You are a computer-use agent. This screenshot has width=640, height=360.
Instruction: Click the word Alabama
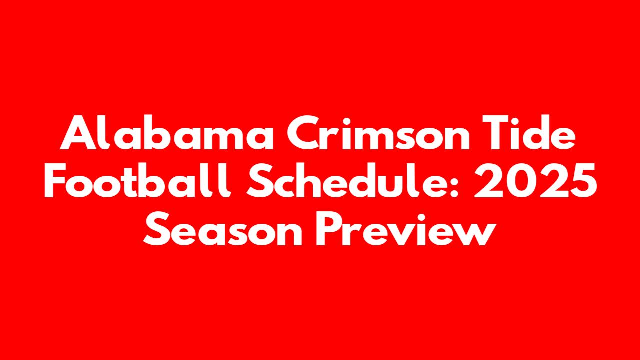tap(167, 133)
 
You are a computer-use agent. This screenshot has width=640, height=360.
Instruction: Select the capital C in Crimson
tap(304, 133)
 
